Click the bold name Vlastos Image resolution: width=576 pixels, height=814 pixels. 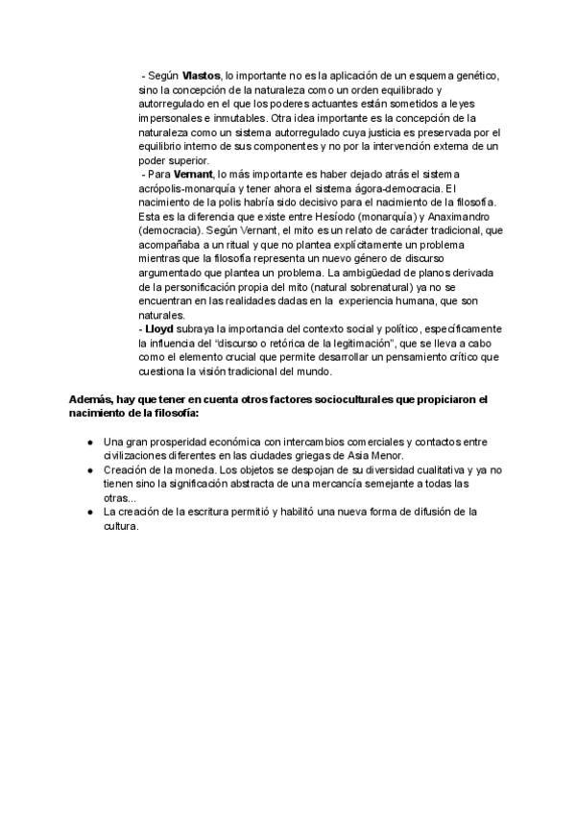(x=201, y=76)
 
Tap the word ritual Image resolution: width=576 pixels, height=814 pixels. (x=235, y=245)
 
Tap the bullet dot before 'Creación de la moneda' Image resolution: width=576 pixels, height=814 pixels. (x=90, y=470)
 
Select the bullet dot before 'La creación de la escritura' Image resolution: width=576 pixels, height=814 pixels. (x=90, y=513)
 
